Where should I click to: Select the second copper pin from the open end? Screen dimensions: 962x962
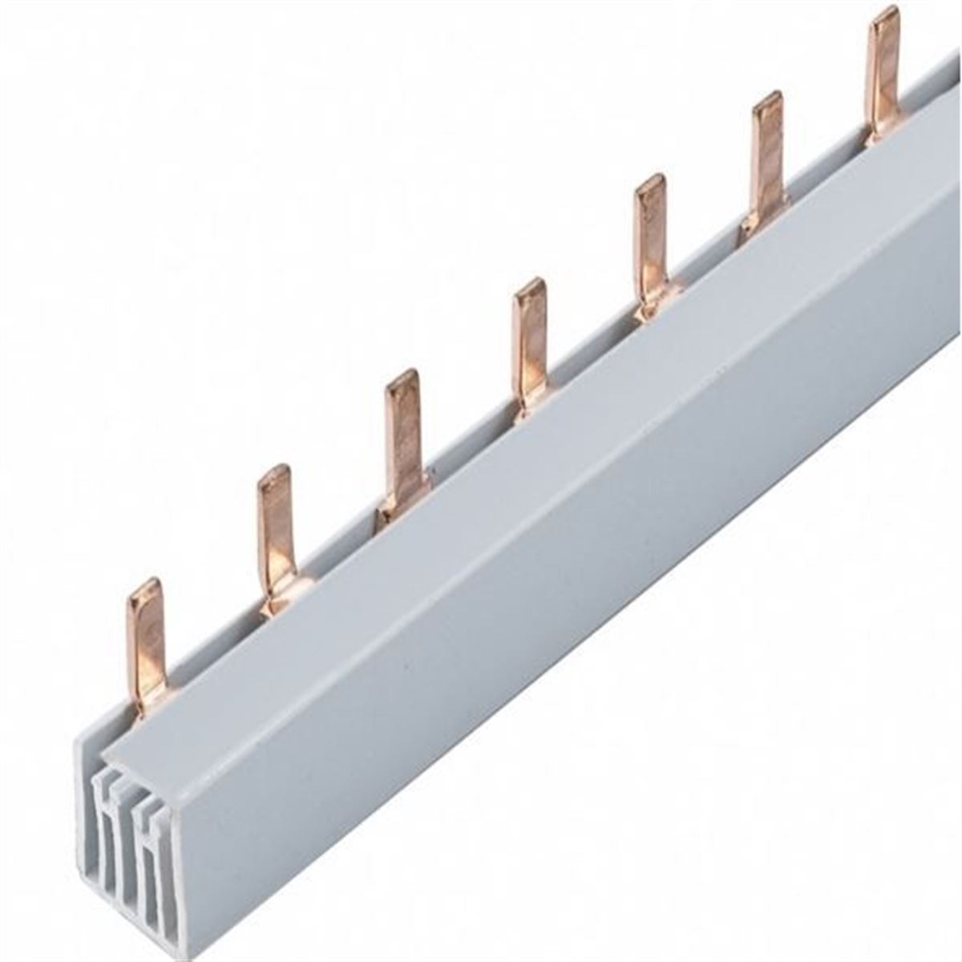pyautogui.click(x=276, y=537)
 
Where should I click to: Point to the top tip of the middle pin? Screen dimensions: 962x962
pyautogui.click(x=528, y=285)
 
